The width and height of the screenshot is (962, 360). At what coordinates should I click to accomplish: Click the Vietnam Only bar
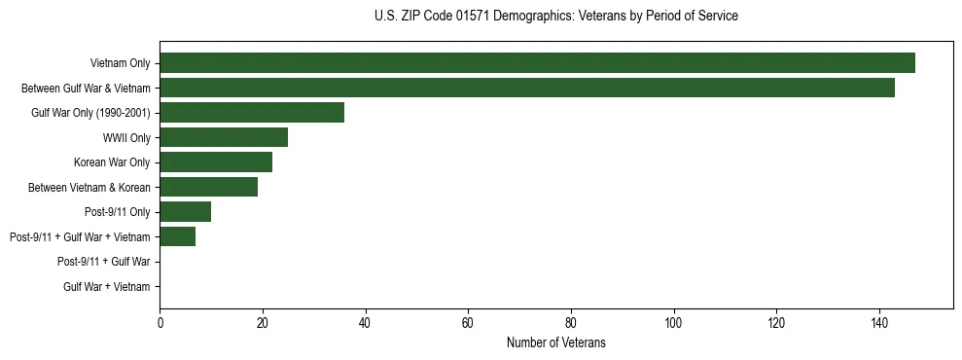click(537, 63)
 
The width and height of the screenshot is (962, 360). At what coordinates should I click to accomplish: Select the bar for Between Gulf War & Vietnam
click(527, 88)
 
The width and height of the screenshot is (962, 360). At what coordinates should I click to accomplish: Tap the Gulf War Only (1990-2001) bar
click(252, 113)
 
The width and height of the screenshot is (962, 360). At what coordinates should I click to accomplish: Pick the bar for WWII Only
click(224, 137)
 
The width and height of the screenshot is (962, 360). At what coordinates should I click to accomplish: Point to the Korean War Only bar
click(216, 162)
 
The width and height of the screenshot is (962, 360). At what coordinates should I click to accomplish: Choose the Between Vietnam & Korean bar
click(208, 187)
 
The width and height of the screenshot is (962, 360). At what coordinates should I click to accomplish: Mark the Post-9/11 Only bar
click(185, 212)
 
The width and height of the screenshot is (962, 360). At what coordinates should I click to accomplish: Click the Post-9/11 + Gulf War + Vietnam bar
click(177, 236)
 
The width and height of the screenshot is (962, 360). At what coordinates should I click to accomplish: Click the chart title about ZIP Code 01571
click(555, 17)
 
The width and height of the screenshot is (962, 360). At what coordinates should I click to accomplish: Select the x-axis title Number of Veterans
click(555, 342)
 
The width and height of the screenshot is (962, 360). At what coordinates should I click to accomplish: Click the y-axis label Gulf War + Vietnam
click(107, 287)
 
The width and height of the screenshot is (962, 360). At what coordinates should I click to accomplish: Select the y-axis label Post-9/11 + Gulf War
click(104, 262)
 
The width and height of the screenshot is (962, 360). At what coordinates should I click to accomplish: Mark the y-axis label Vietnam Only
click(120, 63)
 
